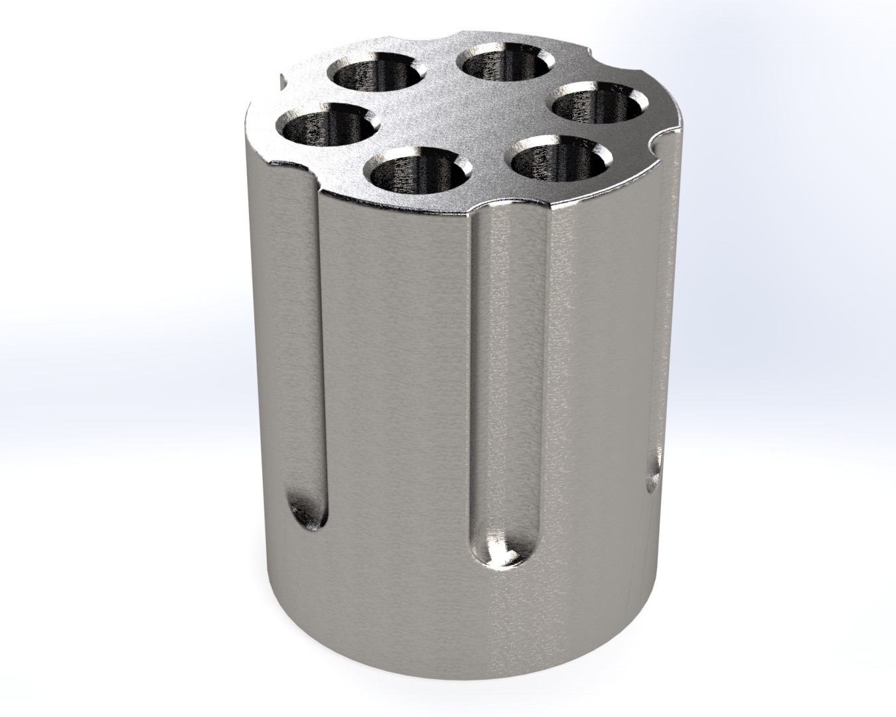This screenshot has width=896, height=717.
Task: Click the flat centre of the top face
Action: (465, 119)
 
